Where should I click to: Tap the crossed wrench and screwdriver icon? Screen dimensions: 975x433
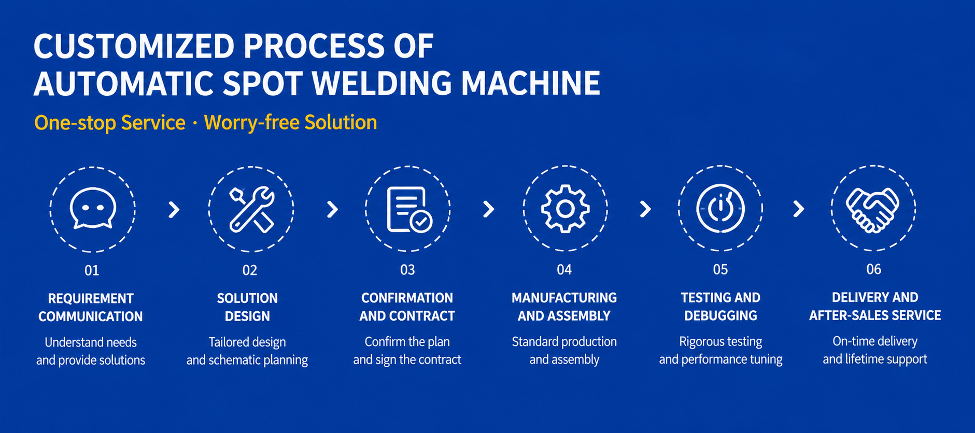tap(252, 209)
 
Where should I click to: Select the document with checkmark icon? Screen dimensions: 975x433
tap(409, 209)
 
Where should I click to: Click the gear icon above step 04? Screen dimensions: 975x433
tap(565, 208)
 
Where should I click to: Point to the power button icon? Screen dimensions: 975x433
tap(720, 208)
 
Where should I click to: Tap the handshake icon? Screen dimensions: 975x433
tap(873, 210)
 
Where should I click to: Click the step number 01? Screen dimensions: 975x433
tap(92, 270)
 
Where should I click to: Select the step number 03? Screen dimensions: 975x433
tap(407, 270)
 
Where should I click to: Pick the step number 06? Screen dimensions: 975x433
tap(873, 269)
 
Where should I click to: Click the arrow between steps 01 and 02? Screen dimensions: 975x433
tap(175, 209)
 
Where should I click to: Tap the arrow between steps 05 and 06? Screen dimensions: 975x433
tap(799, 209)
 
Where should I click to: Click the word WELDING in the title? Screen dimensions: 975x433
tap(382, 83)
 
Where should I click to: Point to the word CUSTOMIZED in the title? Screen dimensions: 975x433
tap(134, 46)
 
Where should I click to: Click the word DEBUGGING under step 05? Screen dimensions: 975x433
tap(720, 315)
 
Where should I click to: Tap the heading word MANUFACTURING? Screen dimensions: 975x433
tap(564, 298)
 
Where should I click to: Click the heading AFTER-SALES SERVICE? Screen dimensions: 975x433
tap(875, 315)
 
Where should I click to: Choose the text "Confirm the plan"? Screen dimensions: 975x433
tap(407, 342)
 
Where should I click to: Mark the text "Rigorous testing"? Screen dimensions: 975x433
tap(720, 342)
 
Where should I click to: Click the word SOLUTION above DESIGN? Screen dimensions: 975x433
tap(247, 298)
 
